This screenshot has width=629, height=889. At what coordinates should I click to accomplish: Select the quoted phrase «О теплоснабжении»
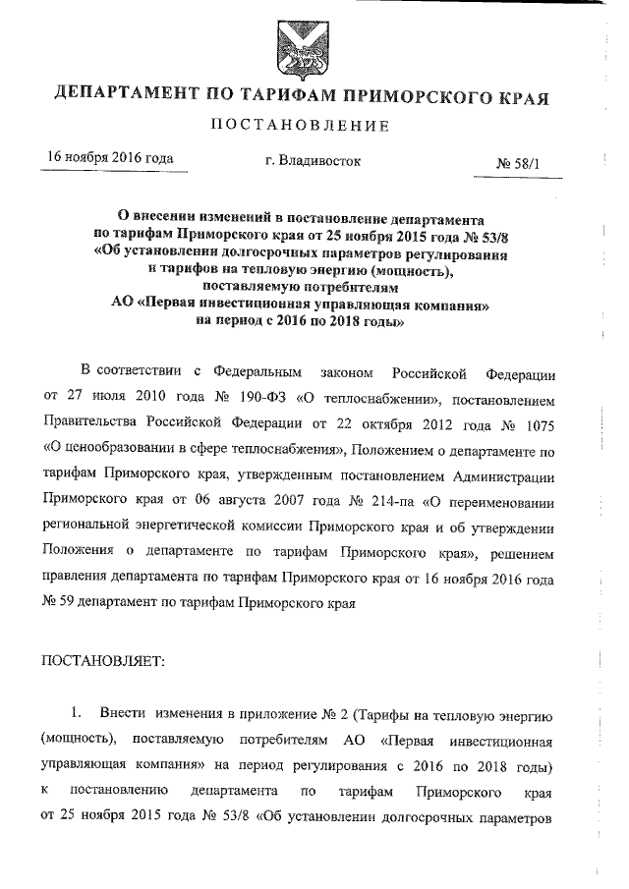(x=346, y=401)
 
